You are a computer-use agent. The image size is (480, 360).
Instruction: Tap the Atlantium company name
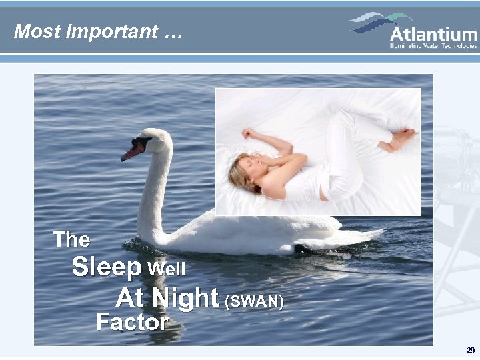(433, 34)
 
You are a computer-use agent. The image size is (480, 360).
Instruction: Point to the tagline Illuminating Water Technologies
(433, 46)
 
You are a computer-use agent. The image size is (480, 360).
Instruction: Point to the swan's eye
(145, 141)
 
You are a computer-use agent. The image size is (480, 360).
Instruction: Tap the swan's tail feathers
(363, 235)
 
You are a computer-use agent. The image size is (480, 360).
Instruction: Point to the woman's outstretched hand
(249, 133)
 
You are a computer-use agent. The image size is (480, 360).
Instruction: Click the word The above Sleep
(71, 239)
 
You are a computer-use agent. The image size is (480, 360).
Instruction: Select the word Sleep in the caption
(106, 267)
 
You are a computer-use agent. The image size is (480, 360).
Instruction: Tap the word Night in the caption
(186, 297)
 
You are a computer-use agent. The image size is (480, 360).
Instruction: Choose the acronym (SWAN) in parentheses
(255, 301)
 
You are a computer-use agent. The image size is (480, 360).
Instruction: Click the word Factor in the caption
(132, 323)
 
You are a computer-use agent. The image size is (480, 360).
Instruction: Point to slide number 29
(471, 351)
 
